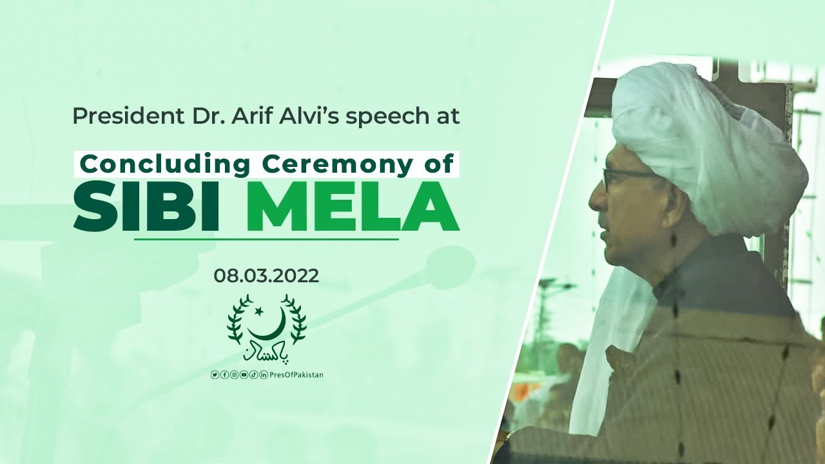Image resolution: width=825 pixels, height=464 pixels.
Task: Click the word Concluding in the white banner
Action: click(164, 164)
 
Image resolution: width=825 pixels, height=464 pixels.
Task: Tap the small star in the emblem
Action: click(259, 311)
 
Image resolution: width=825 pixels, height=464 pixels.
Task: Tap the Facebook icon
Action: click(224, 375)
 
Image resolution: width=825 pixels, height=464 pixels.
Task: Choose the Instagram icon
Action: click(234, 375)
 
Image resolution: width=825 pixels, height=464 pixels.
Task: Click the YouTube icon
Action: click(244, 375)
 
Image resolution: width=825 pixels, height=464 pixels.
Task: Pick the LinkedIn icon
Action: click(264, 375)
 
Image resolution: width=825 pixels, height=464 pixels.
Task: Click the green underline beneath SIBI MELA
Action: click(266, 240)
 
